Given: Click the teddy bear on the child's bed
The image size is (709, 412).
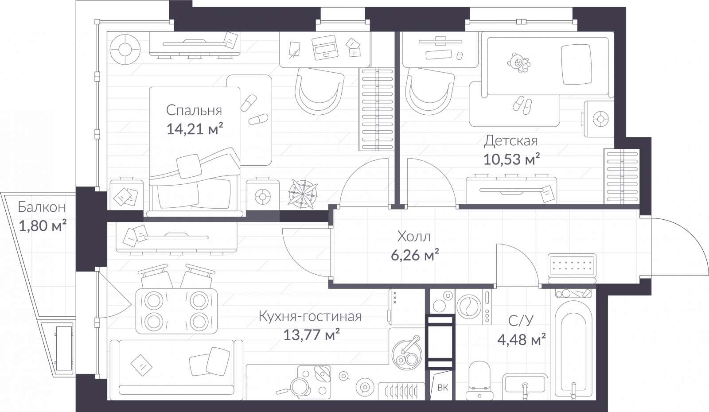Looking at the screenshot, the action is [519, 63].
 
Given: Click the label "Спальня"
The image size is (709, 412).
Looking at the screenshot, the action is [194, 110].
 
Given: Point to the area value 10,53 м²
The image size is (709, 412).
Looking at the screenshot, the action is [511, 159].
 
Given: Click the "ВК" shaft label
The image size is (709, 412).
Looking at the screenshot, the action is [443, 387].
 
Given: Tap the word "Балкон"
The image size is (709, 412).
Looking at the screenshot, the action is [42, 207].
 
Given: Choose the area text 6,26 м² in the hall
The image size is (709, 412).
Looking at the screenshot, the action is [415, 255].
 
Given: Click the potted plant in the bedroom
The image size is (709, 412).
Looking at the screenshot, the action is [303, 194].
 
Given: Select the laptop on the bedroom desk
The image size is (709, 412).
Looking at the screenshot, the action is [324, 47].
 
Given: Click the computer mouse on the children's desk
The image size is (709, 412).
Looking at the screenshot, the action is [460, 56].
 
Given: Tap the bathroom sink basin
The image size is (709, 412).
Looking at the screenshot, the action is [525, 385].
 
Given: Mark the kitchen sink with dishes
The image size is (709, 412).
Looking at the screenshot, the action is [407, 352].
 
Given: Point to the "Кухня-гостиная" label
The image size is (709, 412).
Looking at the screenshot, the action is [310, 316].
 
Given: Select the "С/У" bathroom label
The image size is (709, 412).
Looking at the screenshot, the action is [521, 320].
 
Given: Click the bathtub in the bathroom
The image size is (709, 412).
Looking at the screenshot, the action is [573, 348].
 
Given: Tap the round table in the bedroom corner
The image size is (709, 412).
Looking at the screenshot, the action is [125, 50].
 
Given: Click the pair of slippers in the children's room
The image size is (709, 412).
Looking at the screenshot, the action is [522, 105].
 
